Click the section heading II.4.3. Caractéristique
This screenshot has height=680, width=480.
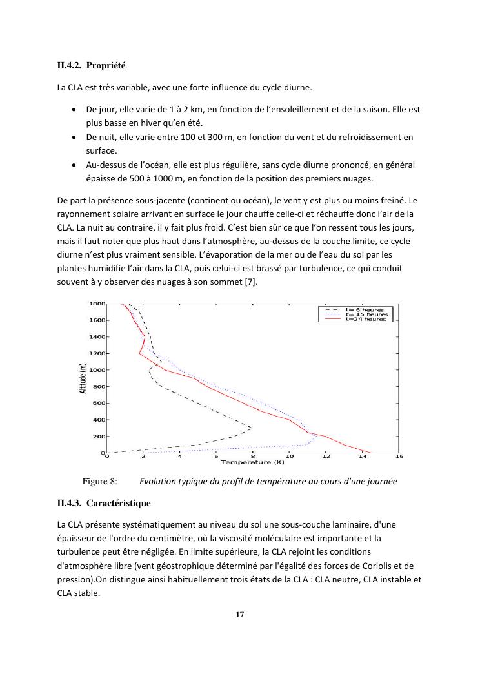point(104,502)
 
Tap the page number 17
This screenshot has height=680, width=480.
point(239,614)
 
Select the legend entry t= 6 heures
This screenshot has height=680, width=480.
point(365,310)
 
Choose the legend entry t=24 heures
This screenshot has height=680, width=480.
point(366,319)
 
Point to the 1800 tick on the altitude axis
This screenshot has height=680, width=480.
point(97,304)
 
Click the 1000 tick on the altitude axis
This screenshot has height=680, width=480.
point(97,370)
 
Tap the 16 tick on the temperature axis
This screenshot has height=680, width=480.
point(399,457)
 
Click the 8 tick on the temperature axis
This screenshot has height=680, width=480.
point(253,457)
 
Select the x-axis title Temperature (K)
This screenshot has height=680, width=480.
point(252,462)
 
